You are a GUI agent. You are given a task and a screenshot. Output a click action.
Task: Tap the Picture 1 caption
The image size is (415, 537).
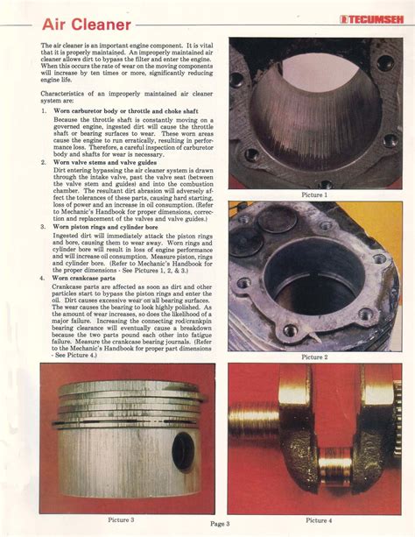tap(313, 194)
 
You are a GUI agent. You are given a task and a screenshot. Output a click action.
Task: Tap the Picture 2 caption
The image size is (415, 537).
tap(313, 357)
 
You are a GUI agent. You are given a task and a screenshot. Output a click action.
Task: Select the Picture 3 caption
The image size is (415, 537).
tap(120, 519)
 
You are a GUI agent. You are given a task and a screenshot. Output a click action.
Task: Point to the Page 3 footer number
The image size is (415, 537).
tap(220, 524)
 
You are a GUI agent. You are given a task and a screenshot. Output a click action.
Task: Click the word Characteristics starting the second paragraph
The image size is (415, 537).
tap(69, 92)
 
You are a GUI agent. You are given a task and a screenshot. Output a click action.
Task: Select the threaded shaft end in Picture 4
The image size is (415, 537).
tap(254, 420)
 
